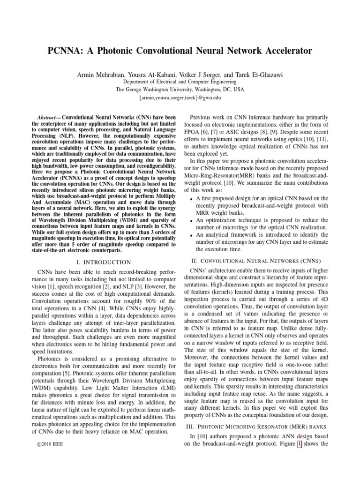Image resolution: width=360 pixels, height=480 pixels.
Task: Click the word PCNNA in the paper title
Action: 65,51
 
